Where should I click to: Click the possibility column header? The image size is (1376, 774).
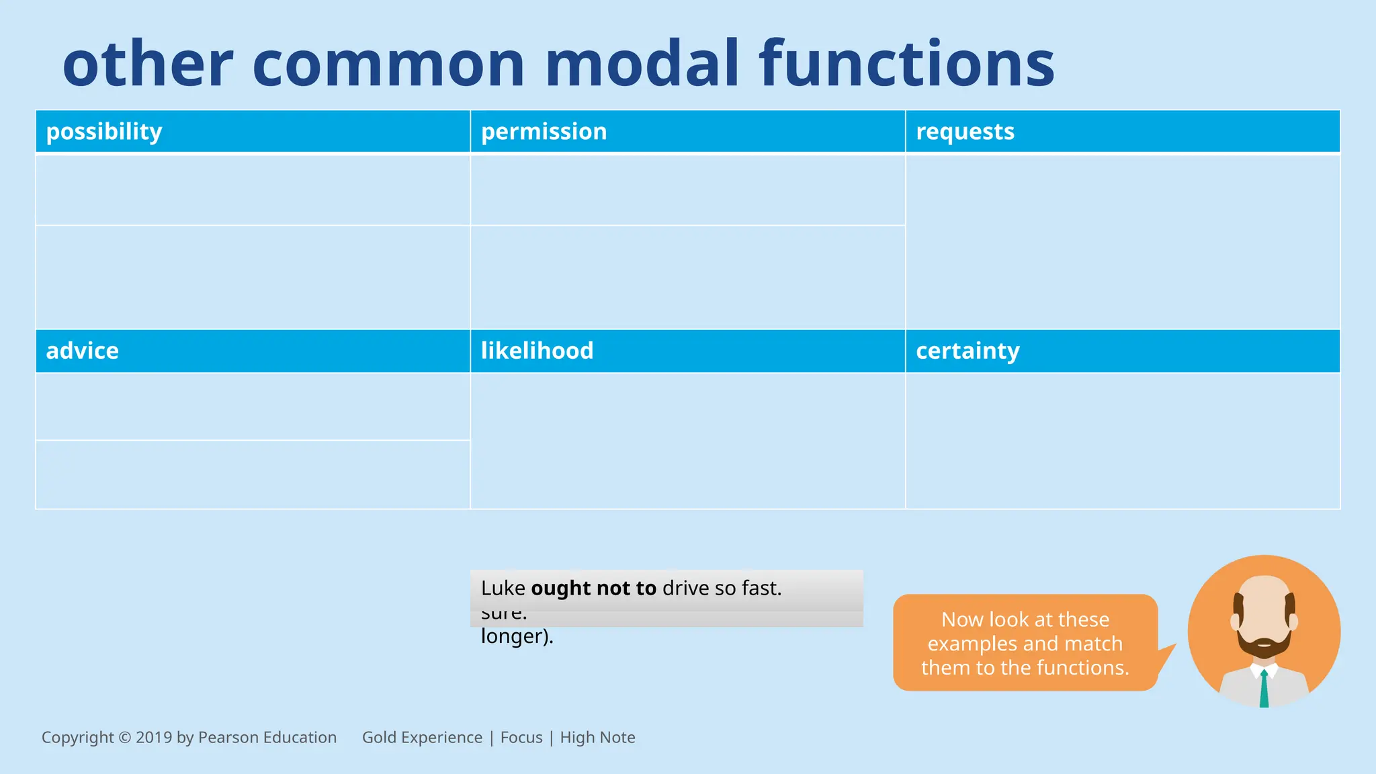(x=104, y=132)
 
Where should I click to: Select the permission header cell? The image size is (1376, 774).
(x=544, y=132)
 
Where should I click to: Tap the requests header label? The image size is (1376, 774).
(x=965, y=132)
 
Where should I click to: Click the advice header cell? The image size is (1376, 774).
(x=82, y=351)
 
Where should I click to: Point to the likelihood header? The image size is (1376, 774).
(x=537, y=351)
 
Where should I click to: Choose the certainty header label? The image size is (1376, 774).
(x=967, y=351)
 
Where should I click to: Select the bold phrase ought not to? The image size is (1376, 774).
(x=593, y=588)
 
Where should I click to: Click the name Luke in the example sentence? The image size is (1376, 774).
(x=503, y=588)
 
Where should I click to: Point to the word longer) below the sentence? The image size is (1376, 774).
(x=517, y=636)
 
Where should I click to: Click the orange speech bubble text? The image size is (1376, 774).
(x=1025, y=643)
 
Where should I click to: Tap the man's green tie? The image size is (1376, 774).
(x=1264, y=689)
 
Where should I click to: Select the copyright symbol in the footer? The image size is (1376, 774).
(x=124, y=738)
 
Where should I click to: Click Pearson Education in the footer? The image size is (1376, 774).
(x=267, y=738)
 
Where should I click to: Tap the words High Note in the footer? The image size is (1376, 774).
(x=597, y=738)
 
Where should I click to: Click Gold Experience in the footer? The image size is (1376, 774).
(x=422, y=738)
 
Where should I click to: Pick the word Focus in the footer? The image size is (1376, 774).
(x=521, y=738)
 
